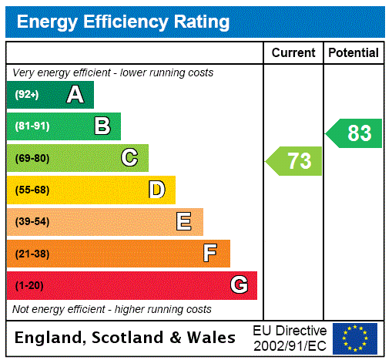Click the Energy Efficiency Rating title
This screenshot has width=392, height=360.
123,22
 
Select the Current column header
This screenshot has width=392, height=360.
293,53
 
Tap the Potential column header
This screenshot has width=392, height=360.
353,53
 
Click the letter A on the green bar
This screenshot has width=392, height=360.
75,95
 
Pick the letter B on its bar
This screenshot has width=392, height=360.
102,126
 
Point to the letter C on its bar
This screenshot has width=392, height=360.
129,158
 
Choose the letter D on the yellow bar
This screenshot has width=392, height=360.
156,190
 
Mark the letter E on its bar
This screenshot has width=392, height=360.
184,222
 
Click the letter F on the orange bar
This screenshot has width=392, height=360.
210,254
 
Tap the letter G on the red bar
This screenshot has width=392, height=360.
239,285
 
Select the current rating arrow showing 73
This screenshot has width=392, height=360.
295,161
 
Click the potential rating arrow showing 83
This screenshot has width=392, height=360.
355,133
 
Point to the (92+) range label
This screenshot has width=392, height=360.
27,95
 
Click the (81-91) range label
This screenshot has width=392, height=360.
32,126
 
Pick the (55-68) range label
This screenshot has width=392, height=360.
32,190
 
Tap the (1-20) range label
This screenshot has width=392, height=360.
29,285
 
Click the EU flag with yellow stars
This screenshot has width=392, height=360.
355,338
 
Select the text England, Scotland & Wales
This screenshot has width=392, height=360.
126,338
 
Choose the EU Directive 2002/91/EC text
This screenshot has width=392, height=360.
290,338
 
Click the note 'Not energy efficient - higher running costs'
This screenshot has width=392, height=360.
112,309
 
